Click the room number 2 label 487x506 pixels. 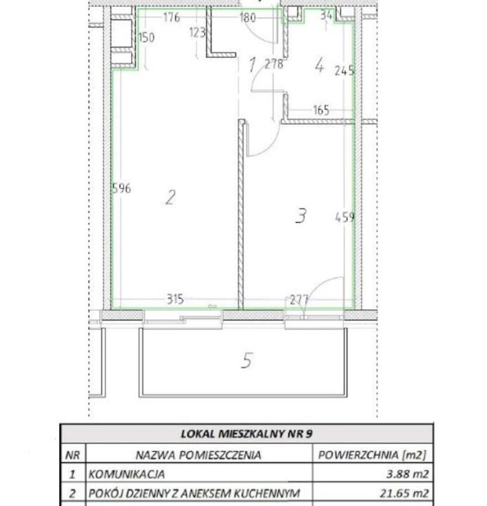tap(170, 197)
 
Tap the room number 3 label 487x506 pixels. tap(301, 216)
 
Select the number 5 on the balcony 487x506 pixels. tap(247, 361)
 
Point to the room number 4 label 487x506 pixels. tap(319, 65)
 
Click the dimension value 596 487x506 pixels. tap(122, 188)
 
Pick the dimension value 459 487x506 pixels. tap(345, 217)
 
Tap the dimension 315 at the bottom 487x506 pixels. tap(175, 299)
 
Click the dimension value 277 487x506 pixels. tap(299, 300)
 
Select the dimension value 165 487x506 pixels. tap(321, 110)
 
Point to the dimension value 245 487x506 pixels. tap(344, 70)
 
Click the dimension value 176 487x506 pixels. tap(171, 17)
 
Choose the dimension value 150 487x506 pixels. tap(146, 37)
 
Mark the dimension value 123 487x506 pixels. tap(197, 32)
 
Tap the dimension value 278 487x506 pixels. tap(274, 64)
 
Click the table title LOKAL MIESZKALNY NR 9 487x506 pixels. tap(247, 434)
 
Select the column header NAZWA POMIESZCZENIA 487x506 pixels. tap(198, 455)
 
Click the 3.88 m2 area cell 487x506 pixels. tap(408, 474)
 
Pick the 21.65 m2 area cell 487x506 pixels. tap(405, 493)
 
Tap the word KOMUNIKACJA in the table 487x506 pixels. tap(126, 474)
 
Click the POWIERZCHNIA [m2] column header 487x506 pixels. tap(372, 455)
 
